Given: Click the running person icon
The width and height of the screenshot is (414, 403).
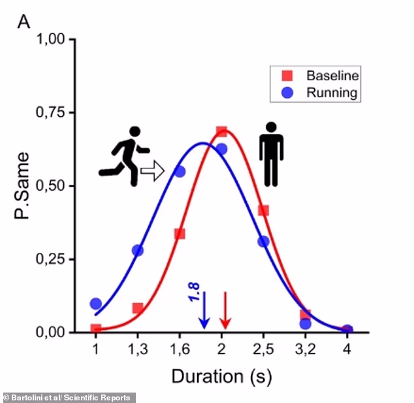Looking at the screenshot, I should pos(121,156).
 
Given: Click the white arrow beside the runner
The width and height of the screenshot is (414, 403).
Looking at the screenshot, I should pos(151,172).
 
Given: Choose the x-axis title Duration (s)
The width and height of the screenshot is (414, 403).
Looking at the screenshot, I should pos(221,377).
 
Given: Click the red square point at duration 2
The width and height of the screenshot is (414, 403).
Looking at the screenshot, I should pos(221,131).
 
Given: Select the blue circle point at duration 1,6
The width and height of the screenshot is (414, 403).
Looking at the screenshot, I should pos(180,171).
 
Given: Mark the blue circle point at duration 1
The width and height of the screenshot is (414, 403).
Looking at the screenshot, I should pos(96,304).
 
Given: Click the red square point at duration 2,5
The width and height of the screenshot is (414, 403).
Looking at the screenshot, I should pos(264,210).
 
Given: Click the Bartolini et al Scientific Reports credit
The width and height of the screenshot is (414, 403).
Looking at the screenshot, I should pos(68,397).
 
